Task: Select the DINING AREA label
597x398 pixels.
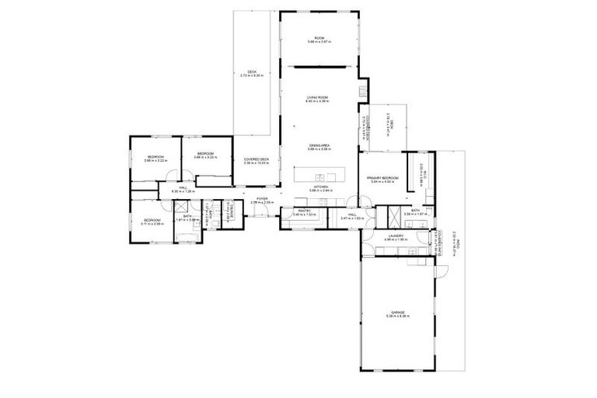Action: point(319,147)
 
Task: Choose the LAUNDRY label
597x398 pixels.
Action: point(395,237)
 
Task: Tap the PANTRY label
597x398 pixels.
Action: point(304,211)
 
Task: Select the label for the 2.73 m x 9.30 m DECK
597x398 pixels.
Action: point(252,73)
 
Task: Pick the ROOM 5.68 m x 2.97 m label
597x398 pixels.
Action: point(319,40)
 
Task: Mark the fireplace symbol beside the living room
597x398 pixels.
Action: point(362,92)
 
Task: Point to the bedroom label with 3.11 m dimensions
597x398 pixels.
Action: point(152,221)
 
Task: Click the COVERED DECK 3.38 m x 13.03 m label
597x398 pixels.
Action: point(256,161)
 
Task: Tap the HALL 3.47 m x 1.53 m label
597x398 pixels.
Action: point(352,217)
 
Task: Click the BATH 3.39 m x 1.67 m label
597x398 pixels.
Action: point(415,211)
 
